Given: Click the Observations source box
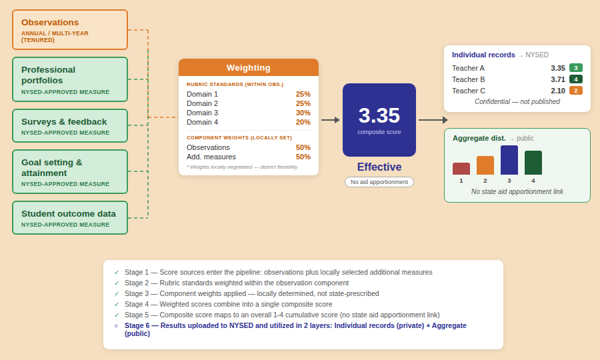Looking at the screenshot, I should click(70, 30).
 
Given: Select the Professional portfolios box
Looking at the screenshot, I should click(70, 79).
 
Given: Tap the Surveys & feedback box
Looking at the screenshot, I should click(70, 126).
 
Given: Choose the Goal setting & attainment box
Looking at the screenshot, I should click(70, 171).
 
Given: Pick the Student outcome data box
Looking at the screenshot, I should click(70, 218).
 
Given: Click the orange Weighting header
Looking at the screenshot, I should click(249, 67).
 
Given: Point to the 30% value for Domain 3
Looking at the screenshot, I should click(303, 113).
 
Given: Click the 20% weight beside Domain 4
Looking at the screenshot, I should click(303, 122).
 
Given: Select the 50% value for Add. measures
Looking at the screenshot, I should click(303, 157).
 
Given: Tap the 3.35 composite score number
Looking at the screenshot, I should click(379, 115).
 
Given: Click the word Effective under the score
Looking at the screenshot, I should click(379, 167).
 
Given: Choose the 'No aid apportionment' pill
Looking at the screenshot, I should click(379, 182).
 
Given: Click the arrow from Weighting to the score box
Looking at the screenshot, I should click(331, 120).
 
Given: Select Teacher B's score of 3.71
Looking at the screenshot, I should click(558, 79).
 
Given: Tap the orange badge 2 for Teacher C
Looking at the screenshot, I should click(576, 91).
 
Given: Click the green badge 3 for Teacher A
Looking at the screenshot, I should click(576, 68).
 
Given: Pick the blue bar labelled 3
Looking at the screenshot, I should click(509, 160).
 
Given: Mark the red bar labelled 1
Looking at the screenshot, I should click(461, 169).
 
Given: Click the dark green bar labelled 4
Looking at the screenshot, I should click(533, 163).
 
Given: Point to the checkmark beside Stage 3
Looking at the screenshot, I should click(117, 293).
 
